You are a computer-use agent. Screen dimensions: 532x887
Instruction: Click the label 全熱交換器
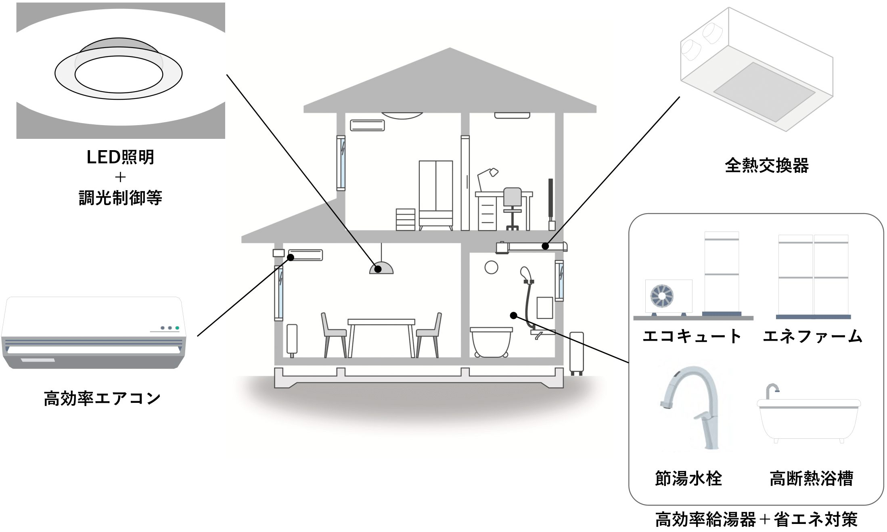(x=766, y=165)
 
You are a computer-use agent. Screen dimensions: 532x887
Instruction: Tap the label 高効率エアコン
(x=102, y=398)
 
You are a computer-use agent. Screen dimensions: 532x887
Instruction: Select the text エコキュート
(x=692, y=336)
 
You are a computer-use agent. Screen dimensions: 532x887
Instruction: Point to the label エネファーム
(x=812, y=336)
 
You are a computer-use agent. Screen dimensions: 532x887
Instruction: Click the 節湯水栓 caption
(x=688, y=478)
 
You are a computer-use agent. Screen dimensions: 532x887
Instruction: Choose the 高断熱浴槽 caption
(x=811, y=478)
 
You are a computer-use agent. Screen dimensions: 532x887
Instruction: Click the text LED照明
(x=120, y=157)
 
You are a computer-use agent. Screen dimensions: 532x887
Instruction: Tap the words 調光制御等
(x=120, y=198)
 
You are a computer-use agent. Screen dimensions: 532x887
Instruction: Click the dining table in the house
(x=381, y=323)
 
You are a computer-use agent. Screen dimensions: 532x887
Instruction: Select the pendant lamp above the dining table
(x=381, y=268)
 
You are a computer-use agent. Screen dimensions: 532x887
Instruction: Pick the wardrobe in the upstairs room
(x=435, y=194)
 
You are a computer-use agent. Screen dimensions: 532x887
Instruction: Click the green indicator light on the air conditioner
(x=177, y=328)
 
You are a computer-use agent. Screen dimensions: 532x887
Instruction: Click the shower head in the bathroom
(x=524, y=272)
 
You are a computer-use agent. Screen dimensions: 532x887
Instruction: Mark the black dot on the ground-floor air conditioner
(x=290, y=257)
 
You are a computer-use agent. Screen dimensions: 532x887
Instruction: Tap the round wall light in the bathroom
(x=491, y=267)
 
